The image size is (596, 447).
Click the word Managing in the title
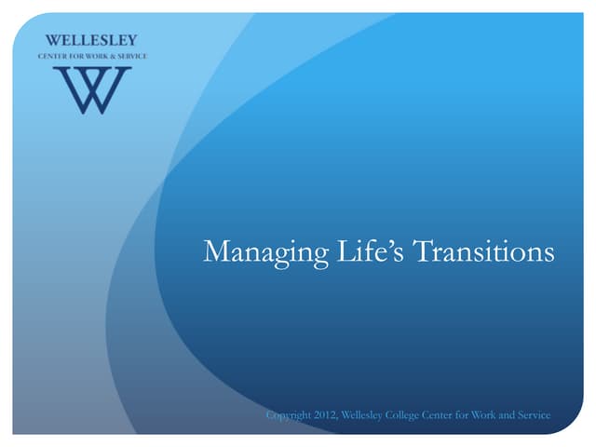(266, 252)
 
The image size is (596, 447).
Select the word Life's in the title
(371, 251)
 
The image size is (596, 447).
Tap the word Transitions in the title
(483, 251)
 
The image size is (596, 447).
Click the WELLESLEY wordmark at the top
(91, 40)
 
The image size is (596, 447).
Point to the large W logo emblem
(92, 90)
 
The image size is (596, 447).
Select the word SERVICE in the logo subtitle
(132, 56)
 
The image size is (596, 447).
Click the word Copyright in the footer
(289, 415)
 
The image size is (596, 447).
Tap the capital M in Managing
(217, 251)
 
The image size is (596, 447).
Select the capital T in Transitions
(422, 251)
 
